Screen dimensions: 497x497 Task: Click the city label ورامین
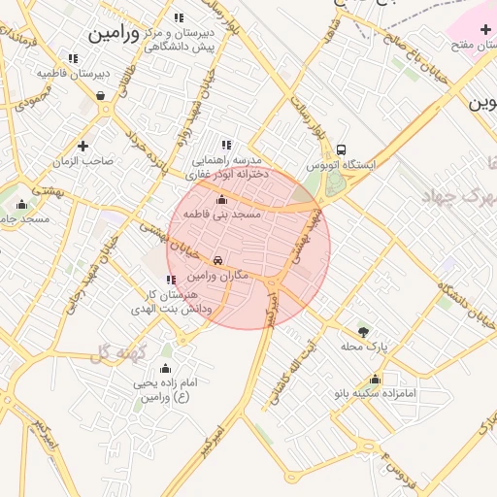pos(116,33)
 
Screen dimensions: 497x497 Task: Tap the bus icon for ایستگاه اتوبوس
pos(341,149)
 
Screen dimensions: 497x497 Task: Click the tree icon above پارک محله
pos(364,331)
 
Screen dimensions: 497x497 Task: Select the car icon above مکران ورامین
pos(220,260)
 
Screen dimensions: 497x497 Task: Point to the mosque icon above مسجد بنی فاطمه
pos(222,199)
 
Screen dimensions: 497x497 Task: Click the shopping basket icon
pos(101,95)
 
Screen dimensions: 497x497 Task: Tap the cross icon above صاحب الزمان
pos(83,146)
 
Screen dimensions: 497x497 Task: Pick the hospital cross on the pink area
pos(485,30)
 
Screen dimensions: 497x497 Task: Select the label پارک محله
pos(369,346)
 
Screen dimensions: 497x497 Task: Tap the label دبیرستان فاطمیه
pos(73,73)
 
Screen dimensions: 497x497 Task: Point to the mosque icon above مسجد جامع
pos(22,204)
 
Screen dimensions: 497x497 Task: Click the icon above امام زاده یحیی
pos(165,369)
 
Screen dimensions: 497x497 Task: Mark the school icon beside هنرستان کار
pos(172,280)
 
